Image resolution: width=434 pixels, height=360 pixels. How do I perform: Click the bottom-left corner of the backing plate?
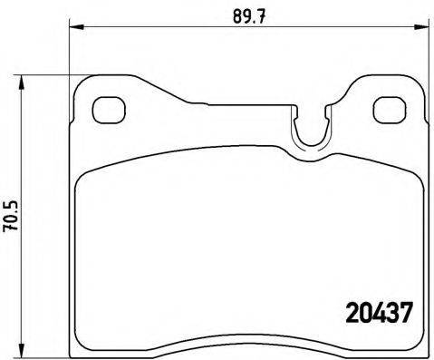coord(74,350)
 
